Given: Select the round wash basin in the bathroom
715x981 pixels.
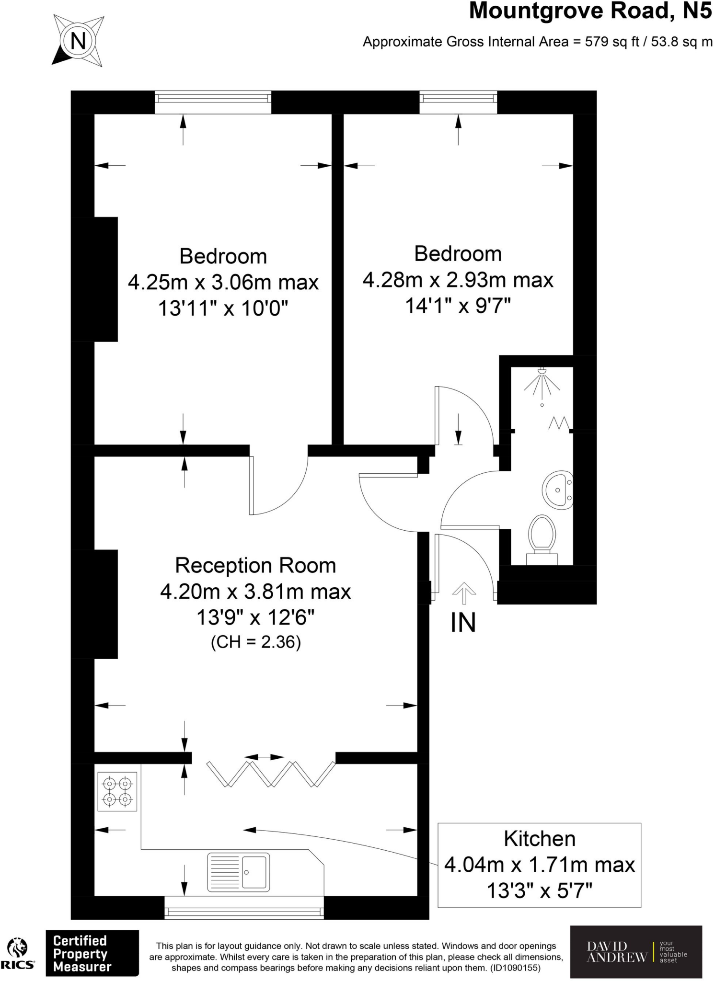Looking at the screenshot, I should [557, 489].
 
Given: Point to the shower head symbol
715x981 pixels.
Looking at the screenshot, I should [542, 381].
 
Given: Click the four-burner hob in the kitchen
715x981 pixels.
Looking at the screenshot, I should [117, 791].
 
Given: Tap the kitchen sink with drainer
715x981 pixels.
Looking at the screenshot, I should [238, 872].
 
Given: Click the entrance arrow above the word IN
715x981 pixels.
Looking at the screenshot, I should [463, 593].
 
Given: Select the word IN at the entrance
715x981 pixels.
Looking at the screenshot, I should [463, 623].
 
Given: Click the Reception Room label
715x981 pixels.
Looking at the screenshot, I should [255, 566].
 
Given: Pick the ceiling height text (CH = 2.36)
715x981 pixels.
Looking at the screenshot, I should [255, 642].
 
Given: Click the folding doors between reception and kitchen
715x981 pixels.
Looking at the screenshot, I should [271, 774].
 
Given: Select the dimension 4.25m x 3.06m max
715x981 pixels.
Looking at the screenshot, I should [223, 282].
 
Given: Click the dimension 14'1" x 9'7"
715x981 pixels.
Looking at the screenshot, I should [458, 305].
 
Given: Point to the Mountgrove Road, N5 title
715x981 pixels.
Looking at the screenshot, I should [590, 11].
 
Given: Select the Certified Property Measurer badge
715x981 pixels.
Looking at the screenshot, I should [92, 953].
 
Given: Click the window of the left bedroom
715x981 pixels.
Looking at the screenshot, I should [213, 102].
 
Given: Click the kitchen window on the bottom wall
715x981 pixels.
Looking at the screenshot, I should [244, 907].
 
